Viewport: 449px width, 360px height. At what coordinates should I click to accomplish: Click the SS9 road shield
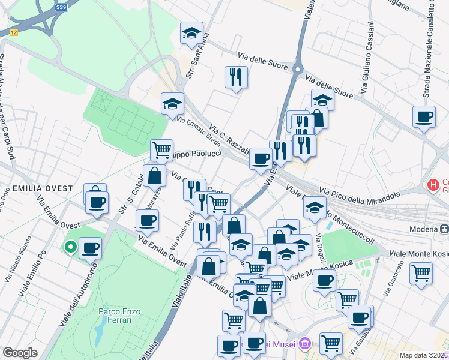click(x=61, y=7)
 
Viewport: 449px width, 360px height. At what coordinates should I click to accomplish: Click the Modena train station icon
click(x=445, y=229)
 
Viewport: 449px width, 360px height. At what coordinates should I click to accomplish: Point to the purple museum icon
click(x=305, y=344)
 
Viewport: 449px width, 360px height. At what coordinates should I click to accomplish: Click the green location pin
click(x=70, y=247)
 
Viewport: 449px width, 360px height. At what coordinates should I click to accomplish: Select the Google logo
click(x=20, y=353)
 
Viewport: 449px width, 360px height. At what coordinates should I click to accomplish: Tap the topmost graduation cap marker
click(x=191, y=33)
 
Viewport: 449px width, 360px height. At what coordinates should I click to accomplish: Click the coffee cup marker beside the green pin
click(x=91, y=248)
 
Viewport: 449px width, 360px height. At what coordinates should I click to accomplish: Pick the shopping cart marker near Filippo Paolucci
click(x=161, y=149)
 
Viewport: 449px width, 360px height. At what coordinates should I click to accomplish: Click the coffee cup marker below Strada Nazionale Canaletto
click(x=424, y=116)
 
